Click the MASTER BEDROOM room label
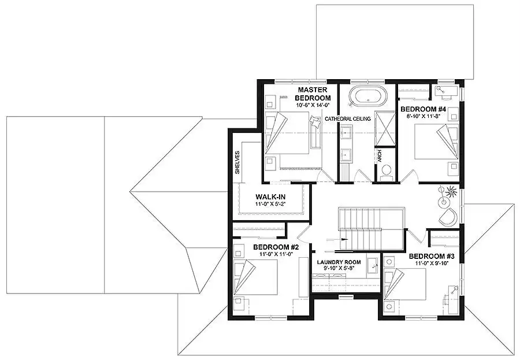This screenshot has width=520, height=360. tap(313, 94)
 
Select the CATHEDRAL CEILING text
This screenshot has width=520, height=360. tap(348, 119)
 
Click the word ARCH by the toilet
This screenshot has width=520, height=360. tap(380, 156)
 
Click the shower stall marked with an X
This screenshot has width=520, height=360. tap(385, 128)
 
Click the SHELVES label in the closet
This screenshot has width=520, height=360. tap(237, 162)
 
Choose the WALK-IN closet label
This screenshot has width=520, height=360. tap(270, 196)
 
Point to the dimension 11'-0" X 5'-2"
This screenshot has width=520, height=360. tap(270, 204)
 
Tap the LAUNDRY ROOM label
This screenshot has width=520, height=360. tap(339, 262)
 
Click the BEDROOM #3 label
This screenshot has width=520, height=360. tap(432, 256)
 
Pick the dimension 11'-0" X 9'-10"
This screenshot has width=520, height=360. tap(432, 263)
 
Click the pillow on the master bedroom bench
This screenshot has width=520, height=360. tap(315, 121)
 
